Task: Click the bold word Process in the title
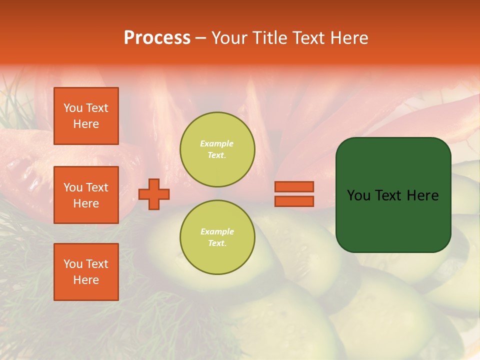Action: tap(157, 38)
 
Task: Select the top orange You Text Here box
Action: tap(86, 116)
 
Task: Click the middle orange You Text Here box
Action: tap(86, 195)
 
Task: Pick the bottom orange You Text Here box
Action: tap(86, 271)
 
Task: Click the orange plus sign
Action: tap(154, 194)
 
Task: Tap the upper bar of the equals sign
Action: tap(294, 186)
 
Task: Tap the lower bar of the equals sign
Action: tap(294, 201)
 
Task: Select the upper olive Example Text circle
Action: tap(217, 150)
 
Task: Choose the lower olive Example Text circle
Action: tap(217, 237)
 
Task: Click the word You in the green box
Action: tap(359, 195)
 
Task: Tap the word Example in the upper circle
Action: tap(217, 144)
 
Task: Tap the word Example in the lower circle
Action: tap(217, 232)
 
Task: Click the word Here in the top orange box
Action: tap(86, 124)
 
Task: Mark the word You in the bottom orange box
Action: tap(73, 264)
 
